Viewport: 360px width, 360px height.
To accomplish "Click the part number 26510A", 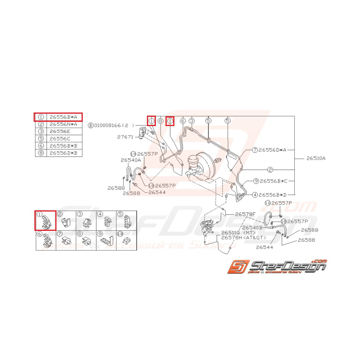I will click(x=316, y=158).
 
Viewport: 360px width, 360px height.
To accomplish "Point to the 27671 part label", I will click(x=126, y=137).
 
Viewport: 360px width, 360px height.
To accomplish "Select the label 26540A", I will click(x=130, y=160).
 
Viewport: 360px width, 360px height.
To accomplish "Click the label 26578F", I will click(x=246, y=214).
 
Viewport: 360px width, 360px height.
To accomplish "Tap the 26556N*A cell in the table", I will click(x=63, y=124).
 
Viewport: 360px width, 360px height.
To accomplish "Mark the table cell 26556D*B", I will click(x=63, y=153).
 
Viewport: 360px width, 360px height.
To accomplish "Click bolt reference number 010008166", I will click(x=108, y=125).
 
